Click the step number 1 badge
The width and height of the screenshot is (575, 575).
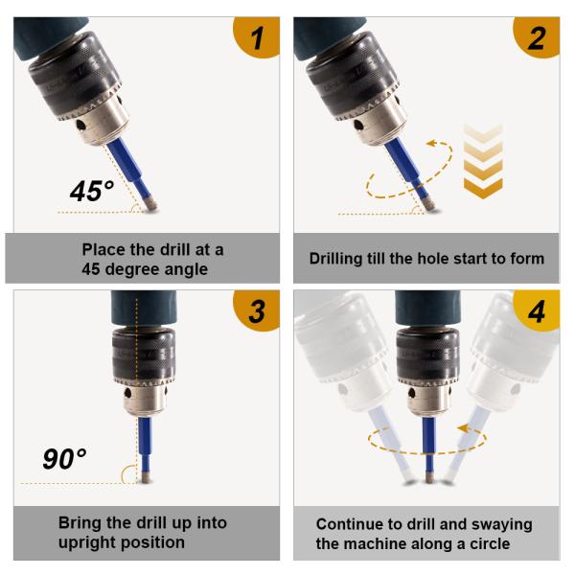(258, 36)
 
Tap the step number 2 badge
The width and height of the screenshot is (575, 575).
(538, 36)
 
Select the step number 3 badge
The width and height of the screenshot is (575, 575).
(258, 310)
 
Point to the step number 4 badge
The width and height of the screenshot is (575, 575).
(538, 310)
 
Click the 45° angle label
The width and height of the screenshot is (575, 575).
(92, 191)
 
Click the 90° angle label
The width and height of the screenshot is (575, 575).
(64, 458)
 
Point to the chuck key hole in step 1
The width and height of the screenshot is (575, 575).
(81, 126)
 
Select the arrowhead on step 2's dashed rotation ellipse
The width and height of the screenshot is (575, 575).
(432, 143)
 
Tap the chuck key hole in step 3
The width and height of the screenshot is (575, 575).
(127, 393)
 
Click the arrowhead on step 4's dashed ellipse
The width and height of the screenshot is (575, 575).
(464, 428)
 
